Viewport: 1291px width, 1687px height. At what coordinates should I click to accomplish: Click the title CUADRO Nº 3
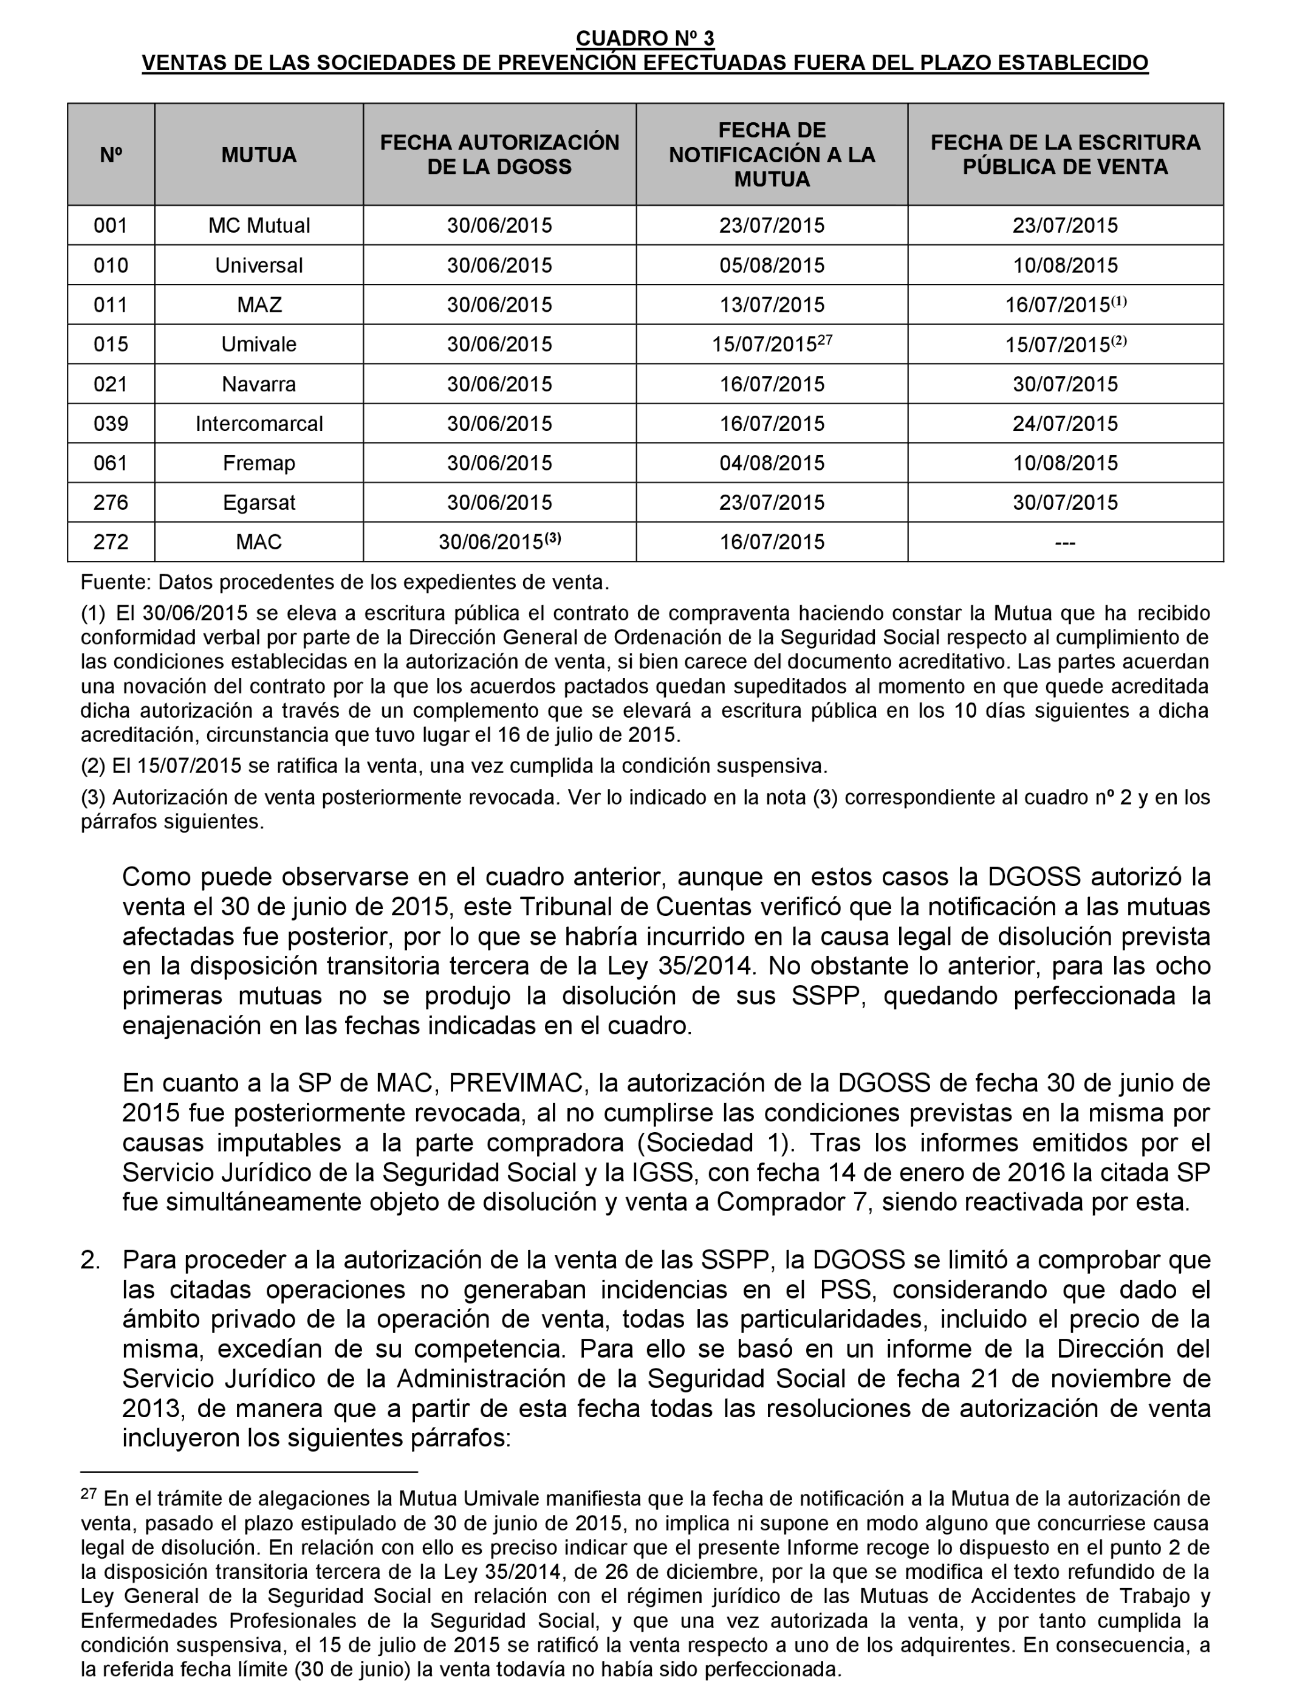[x=645, y=38]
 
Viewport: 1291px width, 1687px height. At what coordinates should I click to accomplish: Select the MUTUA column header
[x=258, y=154]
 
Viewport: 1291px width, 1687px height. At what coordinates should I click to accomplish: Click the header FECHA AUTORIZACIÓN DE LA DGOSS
[x=499, y=154]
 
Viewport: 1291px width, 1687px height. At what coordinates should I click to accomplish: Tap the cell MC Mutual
[x=258, y=225]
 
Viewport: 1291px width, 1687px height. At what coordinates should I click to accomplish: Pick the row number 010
[x=111, y=265]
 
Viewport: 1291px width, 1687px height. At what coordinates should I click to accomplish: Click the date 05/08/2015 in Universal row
[x=772, y=265]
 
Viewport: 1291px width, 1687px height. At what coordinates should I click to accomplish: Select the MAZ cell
[x=258, y=305]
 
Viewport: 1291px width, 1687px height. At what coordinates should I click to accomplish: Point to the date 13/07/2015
[x=772, y=305]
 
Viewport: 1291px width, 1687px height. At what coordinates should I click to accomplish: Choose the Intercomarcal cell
[x=258, y=424]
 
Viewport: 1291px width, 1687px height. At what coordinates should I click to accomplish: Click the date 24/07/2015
[x=1065, y=424]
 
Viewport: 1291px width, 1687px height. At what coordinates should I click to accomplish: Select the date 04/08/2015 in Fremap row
[x=772, y=462]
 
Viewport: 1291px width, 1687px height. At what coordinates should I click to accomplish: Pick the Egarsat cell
[x=258, y=503]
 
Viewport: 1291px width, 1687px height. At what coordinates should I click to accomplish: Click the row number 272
[x=111, y=542]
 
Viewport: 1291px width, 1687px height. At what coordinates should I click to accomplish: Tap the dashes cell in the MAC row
[x=1065, y=543]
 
